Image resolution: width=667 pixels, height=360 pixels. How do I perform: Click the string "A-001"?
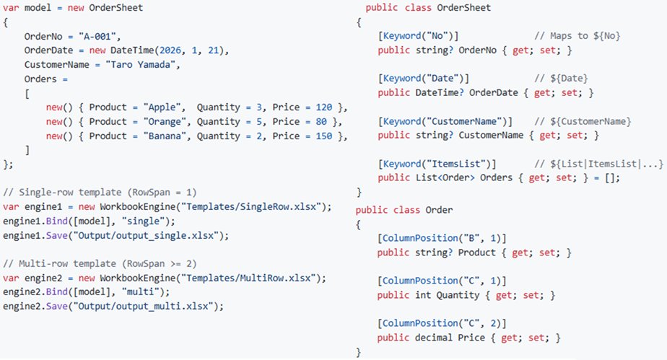pos(97,37)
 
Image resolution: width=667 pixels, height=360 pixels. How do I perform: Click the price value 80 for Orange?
pos(321,122)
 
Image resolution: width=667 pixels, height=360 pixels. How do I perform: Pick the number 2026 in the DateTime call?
pos(170,51)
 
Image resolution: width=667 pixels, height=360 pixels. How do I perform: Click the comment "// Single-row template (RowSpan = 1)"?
pos(100,193)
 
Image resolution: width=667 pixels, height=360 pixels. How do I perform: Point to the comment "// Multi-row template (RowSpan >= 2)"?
pos(100,264)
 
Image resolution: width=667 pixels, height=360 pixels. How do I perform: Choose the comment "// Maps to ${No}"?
pos(577,36)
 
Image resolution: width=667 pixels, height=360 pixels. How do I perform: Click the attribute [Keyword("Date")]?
pos(423,79)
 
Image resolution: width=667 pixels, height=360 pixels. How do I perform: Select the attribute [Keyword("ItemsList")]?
pos(437,164)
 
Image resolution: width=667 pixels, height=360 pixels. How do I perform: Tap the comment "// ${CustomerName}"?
pos(583,121)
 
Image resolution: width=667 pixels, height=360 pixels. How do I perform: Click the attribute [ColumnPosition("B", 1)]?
pos(442,239)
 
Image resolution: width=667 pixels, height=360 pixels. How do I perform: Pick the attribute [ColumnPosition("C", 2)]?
pos(442,323)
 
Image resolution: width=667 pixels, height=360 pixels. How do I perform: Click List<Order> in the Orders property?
pos(445,177)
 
